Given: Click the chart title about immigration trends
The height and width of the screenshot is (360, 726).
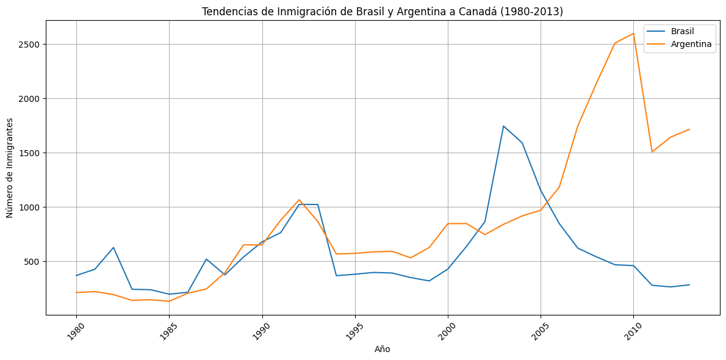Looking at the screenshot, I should point(383,12).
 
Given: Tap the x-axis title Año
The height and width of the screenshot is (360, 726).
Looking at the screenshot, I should point(383,349).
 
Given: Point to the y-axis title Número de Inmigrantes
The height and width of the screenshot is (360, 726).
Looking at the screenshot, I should point(10,167).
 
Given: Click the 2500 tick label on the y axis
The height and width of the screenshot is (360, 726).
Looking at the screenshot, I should point(28,45).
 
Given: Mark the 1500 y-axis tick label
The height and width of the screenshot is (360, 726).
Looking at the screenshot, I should point(28,153).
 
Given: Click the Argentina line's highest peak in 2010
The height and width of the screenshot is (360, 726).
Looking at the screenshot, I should point(633,34).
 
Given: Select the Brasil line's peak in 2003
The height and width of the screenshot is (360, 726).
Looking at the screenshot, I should point(503,126).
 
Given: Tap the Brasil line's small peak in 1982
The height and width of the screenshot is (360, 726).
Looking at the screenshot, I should point(113,248).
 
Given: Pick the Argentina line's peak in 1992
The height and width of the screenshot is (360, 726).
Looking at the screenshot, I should point(299,200).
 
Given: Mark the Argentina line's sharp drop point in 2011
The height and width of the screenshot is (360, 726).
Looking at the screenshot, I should point(652,151).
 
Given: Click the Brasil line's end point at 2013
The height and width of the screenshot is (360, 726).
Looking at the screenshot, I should point(689,285).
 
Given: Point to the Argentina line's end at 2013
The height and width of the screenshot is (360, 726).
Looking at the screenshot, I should point(689,129).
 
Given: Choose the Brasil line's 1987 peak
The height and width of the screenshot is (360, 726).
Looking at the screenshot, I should point(206,259).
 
